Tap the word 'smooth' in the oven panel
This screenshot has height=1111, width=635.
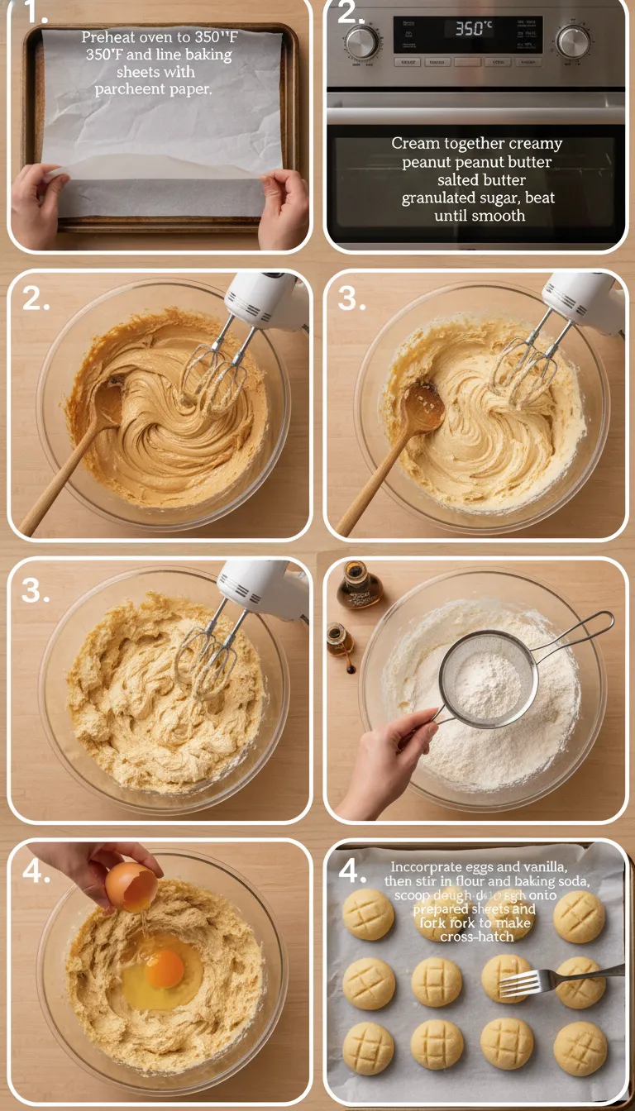[499, 216]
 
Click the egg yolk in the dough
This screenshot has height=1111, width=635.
[165, 968]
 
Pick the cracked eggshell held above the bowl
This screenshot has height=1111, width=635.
[131, 886]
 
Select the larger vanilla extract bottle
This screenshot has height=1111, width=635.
[359, 586]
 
